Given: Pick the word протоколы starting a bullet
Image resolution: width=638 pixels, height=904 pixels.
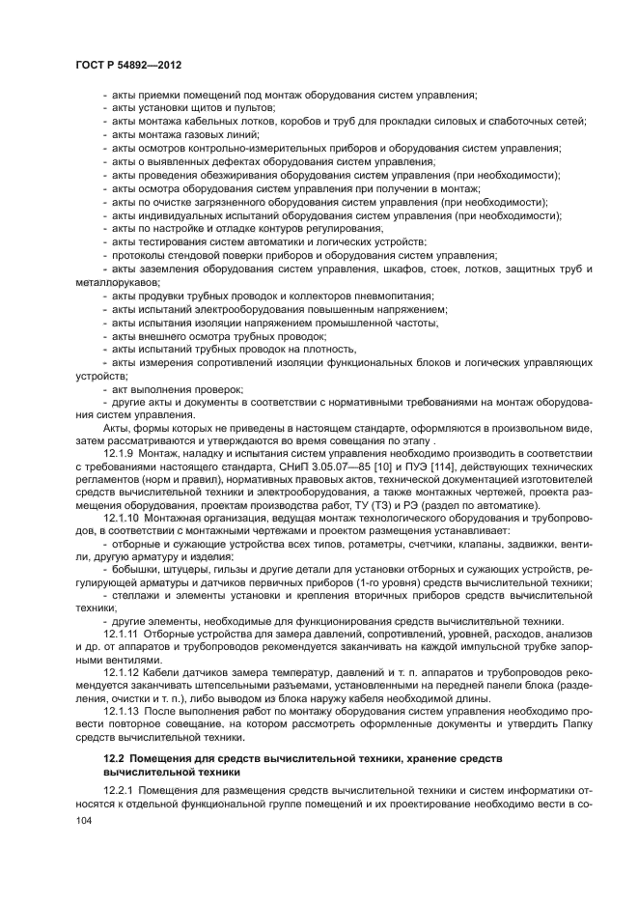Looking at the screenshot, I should [136, 255].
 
